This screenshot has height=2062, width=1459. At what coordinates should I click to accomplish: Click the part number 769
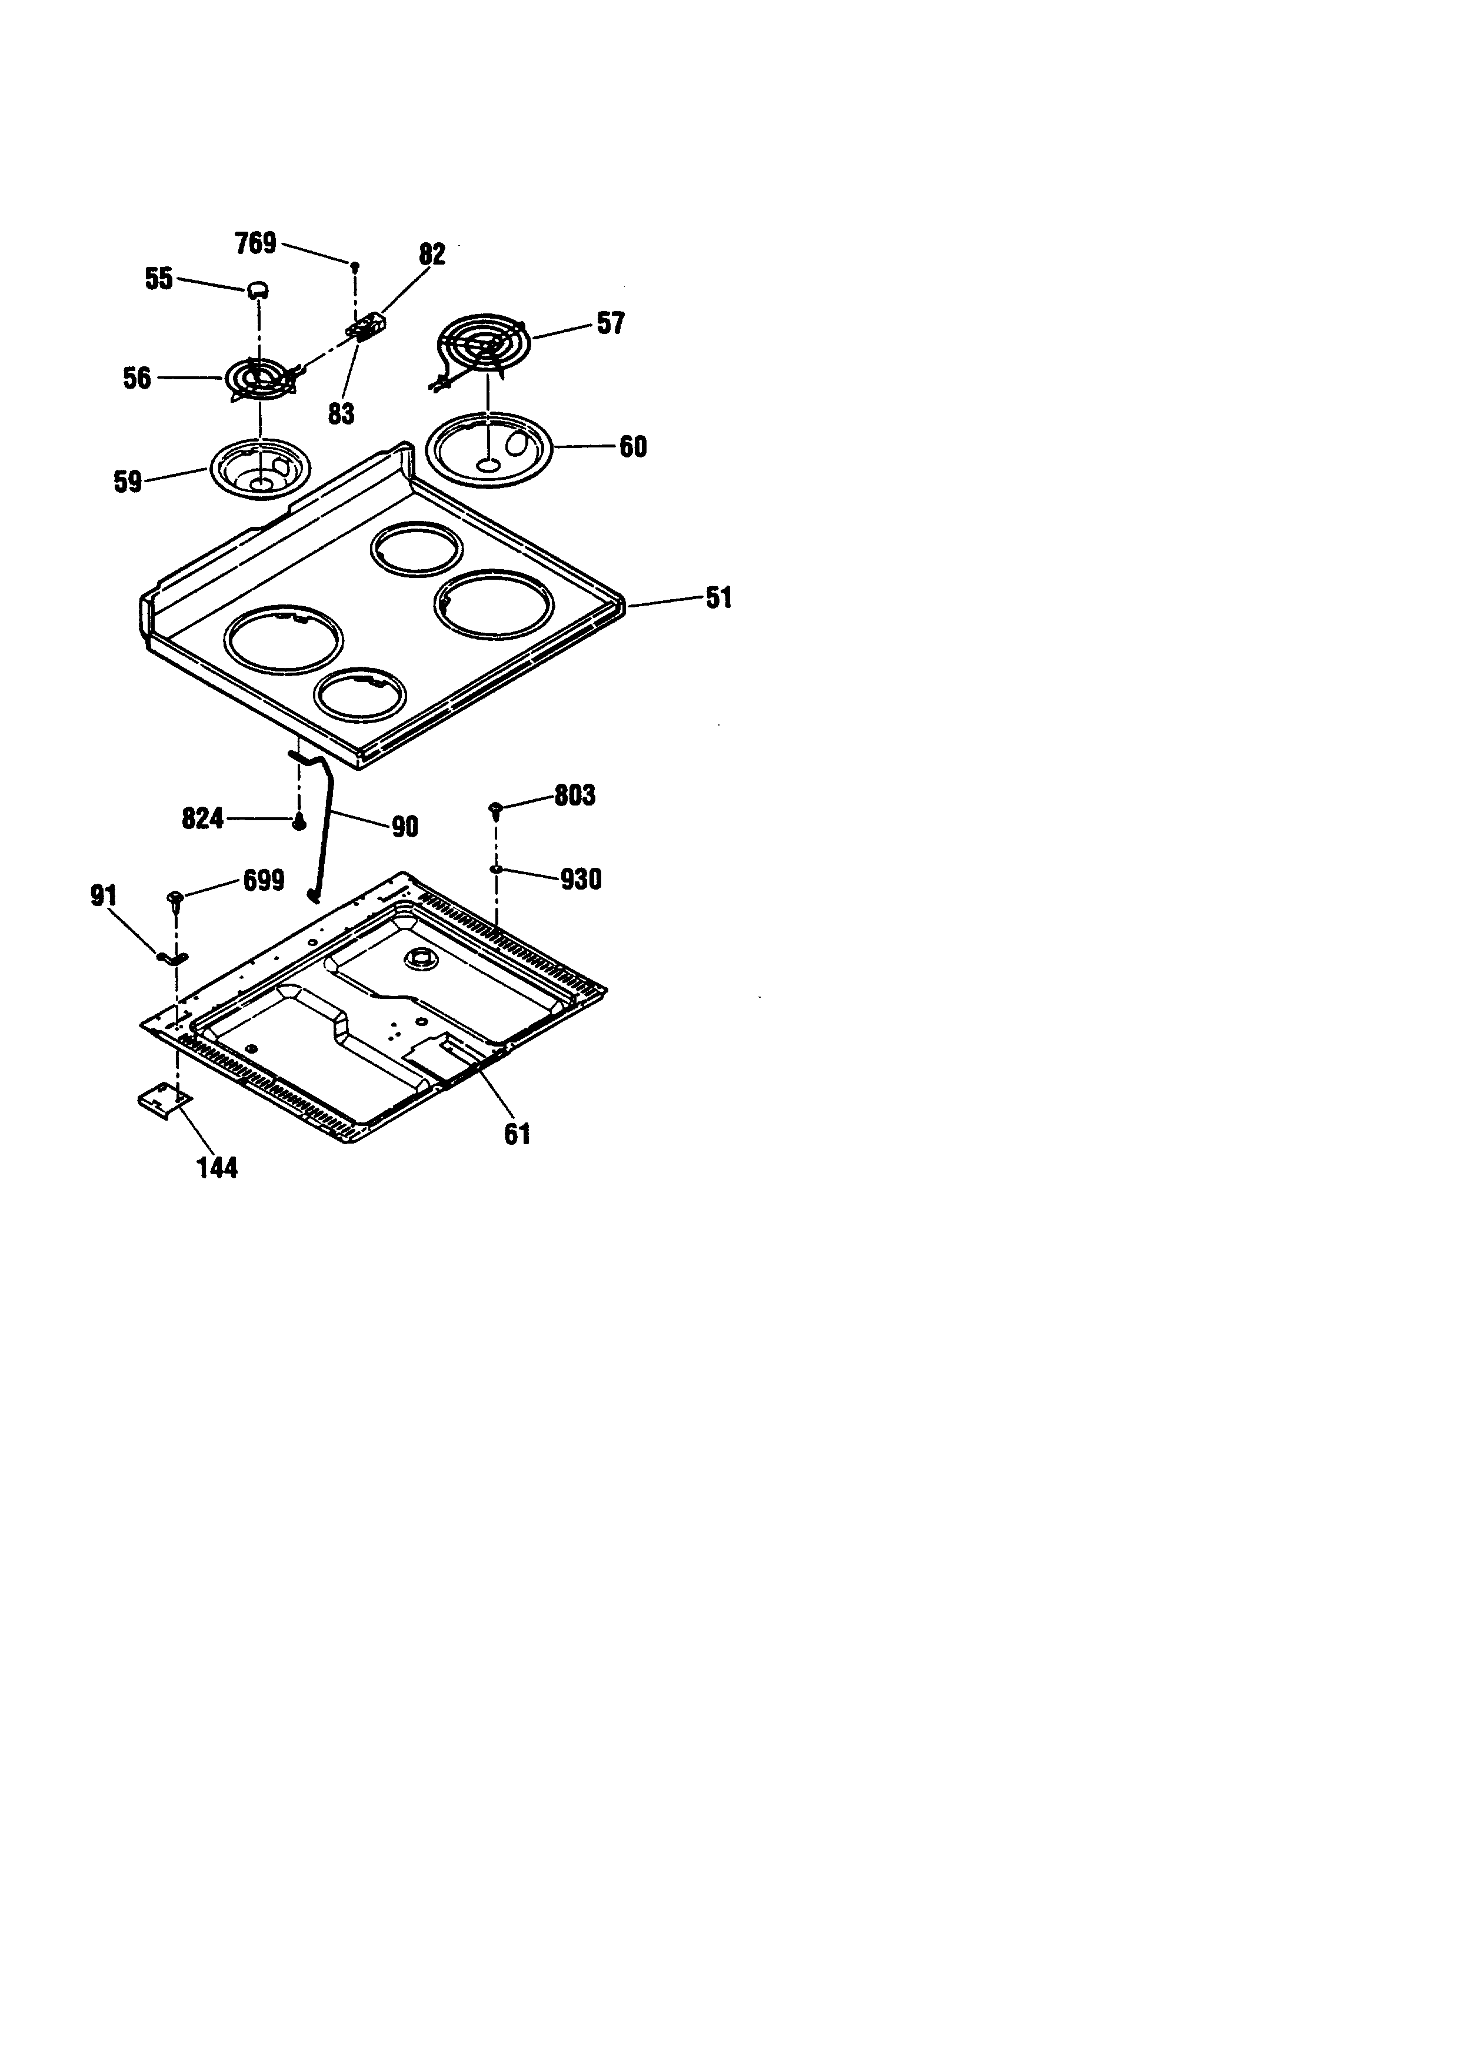click(255, 243)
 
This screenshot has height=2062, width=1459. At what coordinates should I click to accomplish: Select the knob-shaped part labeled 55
click(258, 288)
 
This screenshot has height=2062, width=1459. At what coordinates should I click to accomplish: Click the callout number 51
click(719, 598)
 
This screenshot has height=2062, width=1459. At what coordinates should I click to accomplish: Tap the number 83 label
click(341, 414)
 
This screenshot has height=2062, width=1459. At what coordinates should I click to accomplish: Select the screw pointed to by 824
click(299, 821)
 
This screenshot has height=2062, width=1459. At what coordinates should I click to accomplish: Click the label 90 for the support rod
click(405, 826)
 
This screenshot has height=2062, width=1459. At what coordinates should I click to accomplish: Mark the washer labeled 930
click(495, 870)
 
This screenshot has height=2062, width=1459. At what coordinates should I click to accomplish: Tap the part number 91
click(104, 895)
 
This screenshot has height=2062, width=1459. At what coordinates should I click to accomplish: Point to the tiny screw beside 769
click(355, 265)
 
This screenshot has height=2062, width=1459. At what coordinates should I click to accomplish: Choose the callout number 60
click(634, 447)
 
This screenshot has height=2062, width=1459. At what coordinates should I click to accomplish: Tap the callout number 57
click(611, 324)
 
